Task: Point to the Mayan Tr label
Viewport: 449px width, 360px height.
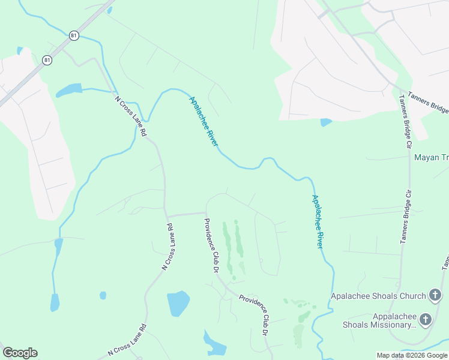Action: click(x=431, y=158)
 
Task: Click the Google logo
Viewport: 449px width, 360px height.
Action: click(x=20, y=353)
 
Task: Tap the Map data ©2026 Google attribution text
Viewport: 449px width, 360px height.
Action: click(x=412, y=355)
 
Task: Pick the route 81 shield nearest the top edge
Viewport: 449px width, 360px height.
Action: click(x=73, y=35)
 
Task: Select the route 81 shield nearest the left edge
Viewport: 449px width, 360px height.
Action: click(x=47, y=59)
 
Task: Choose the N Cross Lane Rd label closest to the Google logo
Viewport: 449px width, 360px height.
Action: click(x=127, y=340)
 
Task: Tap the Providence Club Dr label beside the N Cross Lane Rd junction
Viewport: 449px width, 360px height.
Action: click(x=211, y=246)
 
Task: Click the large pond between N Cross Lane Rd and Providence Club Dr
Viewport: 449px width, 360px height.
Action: click(x=178, y=303)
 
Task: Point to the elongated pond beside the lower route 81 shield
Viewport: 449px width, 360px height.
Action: click(x=69, y=90)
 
